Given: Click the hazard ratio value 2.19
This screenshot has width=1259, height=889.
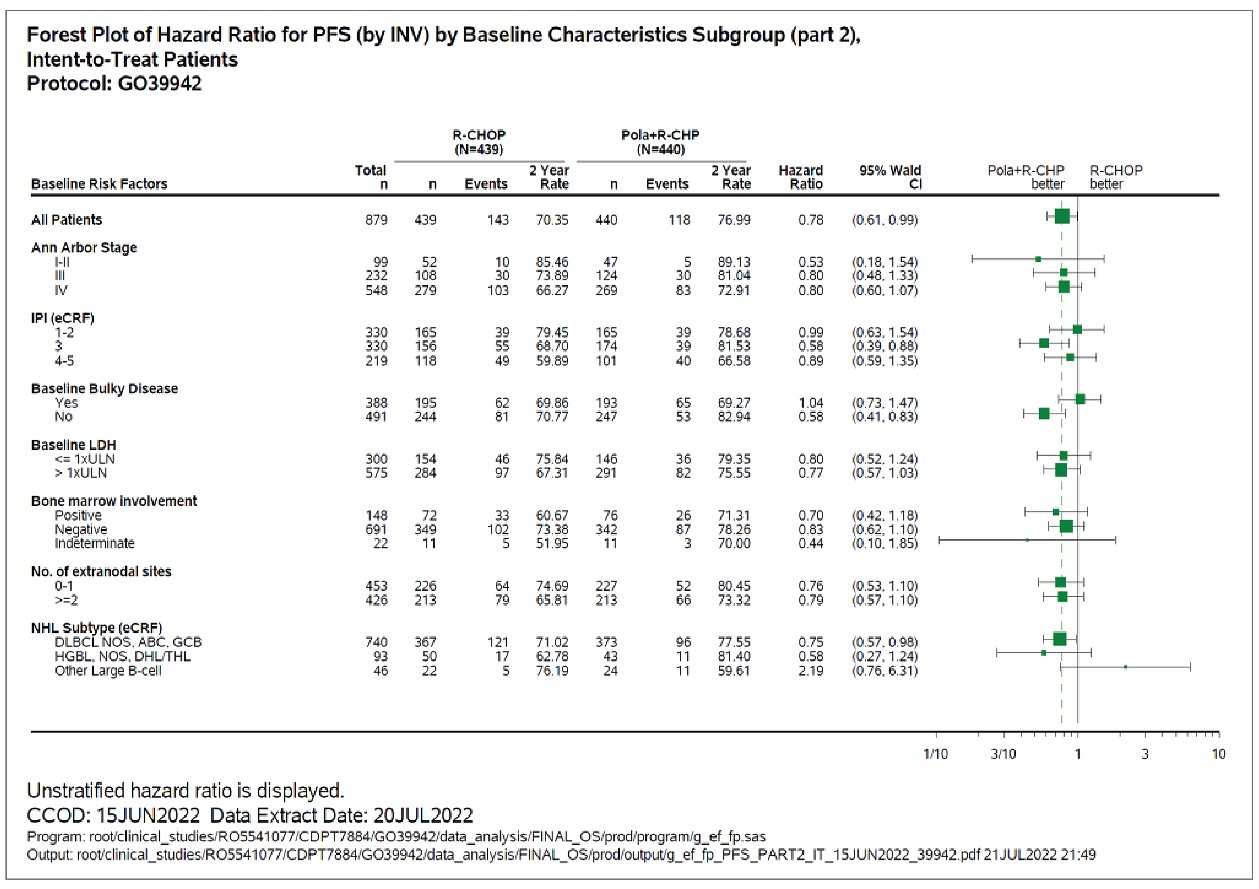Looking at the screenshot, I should (811, 671).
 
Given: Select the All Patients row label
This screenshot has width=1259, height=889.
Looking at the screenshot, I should (66, 220).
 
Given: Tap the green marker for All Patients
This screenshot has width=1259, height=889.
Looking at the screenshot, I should (1062, 216).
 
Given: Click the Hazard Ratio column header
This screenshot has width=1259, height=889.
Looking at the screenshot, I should (801, 177).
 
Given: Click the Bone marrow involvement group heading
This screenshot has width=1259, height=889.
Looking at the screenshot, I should (114, 501).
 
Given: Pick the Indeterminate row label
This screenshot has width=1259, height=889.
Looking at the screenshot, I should (94, 543).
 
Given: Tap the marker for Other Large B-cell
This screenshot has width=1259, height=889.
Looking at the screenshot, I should (1125, 667).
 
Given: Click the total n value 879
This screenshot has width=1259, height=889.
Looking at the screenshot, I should (376, 220).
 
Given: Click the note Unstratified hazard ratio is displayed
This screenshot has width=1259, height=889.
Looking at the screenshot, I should (185, 791).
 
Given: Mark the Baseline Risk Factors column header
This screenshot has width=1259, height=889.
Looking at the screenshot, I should (99, 184).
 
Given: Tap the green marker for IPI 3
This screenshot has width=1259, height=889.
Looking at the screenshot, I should (1043, 343).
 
